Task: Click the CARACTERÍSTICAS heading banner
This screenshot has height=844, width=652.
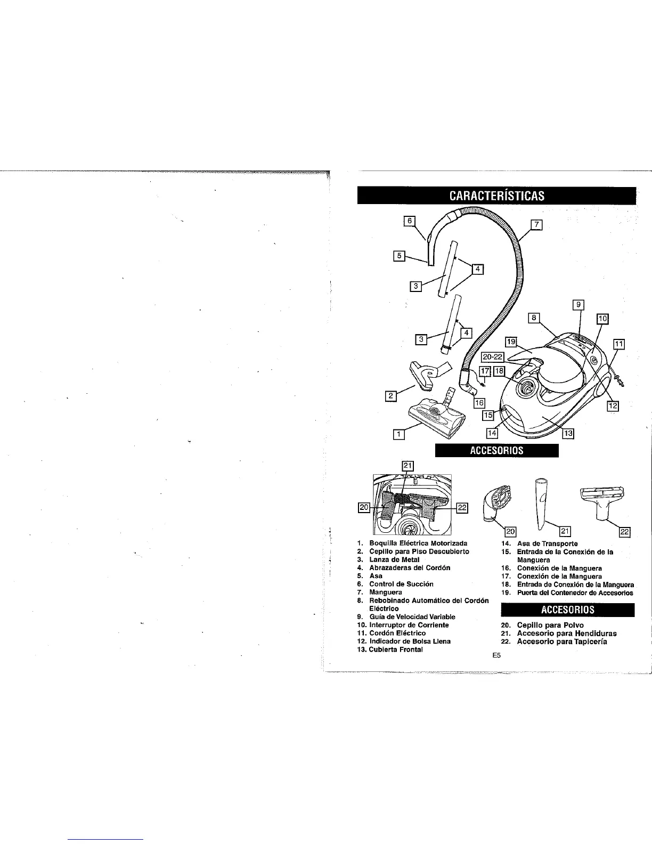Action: [496, 195]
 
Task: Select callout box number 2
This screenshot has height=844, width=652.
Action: [390, 395]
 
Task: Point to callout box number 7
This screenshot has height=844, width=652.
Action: [536, 224]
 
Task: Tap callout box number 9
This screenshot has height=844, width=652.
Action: [578, 305]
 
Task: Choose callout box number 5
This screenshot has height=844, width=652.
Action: [398, 256]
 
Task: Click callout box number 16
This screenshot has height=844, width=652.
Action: [478, 403]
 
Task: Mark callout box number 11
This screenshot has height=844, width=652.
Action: [618, 344]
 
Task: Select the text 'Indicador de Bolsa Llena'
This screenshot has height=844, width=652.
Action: [410, 641]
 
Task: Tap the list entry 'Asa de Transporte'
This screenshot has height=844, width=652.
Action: [547, 543]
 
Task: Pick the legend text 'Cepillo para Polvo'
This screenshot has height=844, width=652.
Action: [550, 625]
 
